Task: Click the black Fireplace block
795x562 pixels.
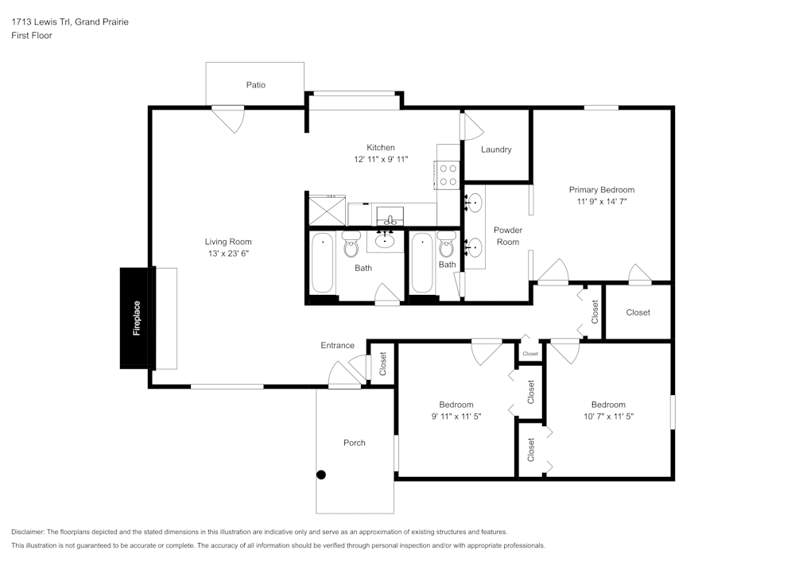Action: [136, 318]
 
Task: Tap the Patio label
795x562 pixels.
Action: [255, 85]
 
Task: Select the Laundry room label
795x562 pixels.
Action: [496, 149]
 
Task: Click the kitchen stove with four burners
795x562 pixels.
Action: [448, 175]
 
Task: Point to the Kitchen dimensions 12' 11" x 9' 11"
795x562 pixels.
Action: [380, 160]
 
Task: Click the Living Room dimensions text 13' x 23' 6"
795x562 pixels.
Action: [228, 254]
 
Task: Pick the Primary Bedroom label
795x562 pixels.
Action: [601, 190]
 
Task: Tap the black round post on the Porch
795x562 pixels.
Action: [321, 475]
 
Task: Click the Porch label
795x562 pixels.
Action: [355, 443]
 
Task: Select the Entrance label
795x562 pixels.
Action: [337, 345]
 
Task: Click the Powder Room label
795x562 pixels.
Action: [507, 236]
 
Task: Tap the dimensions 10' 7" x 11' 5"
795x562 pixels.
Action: [607, 417]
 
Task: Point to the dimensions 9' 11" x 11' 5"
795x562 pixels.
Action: [456, 417]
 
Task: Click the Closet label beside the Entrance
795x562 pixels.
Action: [382, 364]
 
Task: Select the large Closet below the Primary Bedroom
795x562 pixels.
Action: [638, 312]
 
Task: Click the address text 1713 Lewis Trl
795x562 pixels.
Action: [70, 22]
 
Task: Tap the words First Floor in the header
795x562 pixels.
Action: [32, 36]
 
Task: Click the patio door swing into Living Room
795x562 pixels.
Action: [230, 120]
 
